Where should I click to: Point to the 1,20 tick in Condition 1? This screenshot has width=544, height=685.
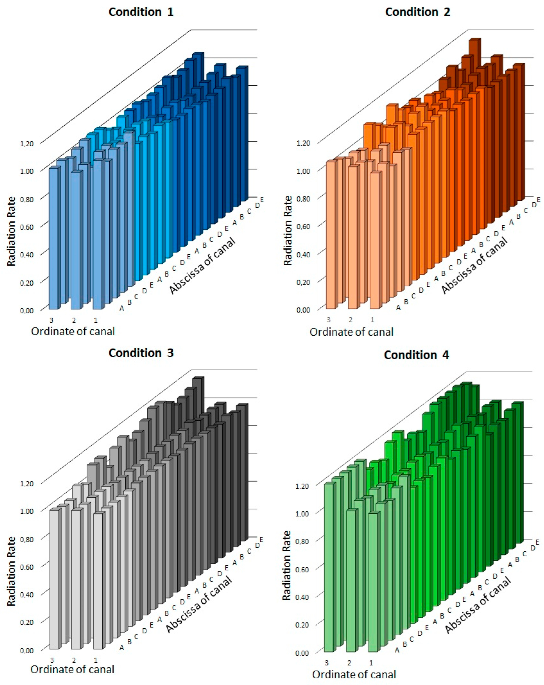(27, 144)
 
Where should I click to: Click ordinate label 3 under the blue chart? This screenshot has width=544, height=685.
(51, 320)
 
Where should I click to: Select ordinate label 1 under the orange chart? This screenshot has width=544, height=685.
(372, 320)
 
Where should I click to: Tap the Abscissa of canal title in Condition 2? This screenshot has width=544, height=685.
(475, 265)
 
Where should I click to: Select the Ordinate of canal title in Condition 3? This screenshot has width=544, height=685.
(72, 669)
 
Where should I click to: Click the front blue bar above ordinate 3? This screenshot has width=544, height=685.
(53, 238)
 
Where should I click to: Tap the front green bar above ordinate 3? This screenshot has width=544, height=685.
(328, 567)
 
